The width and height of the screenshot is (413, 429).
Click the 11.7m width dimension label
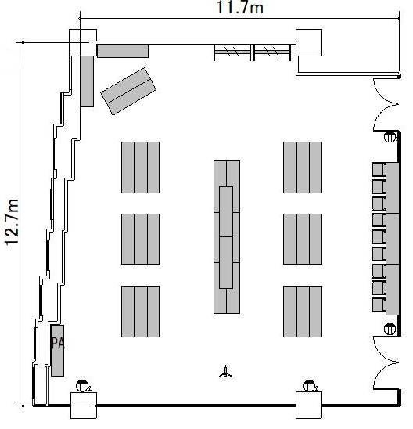tap(240, 7)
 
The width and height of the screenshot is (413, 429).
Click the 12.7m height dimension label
tap(12, 222)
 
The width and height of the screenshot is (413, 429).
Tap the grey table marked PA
tap(57, 351)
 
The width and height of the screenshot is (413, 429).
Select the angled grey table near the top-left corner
tap(128, 92)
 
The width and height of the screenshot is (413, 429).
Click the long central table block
tap(227, 237)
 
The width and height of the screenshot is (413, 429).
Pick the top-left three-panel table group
tap(141, 168)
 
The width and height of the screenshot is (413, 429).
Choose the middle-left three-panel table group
tap(141, 239)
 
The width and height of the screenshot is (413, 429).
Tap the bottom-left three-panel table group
tap(141, 312)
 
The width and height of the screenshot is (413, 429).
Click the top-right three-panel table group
tap(303, 168)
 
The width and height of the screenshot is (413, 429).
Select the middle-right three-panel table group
tap(303, 239)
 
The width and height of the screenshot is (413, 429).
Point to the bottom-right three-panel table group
tap(303, 312)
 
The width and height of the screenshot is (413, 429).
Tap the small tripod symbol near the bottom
tap(225, 372)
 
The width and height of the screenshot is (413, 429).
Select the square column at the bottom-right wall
tap(309, 406)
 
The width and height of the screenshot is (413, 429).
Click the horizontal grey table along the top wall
tap(123, 51)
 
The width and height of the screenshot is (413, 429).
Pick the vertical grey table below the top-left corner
tap(87, 81)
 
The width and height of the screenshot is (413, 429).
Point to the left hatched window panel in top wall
tap(232, 52)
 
